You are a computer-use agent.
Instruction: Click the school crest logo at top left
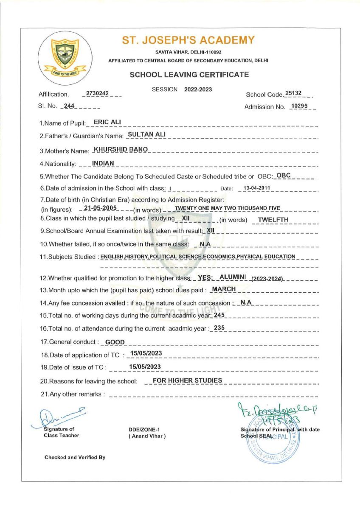click(x=62, y=56)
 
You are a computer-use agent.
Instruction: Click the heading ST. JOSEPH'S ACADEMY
click(x=188, y=40)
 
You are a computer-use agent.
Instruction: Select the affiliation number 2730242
click(x=97, y=93)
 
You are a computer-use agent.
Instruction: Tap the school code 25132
click(x=293, y=93)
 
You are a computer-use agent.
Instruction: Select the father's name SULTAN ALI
click(x=146, y=135)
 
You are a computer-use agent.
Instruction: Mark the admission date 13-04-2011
click(x=255, y=188)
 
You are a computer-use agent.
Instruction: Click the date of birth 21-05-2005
click(x=101, y=209)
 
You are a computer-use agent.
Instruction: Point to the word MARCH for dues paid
click(x=224, y=289)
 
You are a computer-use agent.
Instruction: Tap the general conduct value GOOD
click(x=115, y=341)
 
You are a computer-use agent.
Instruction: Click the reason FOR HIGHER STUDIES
click(x=187, y=380)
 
